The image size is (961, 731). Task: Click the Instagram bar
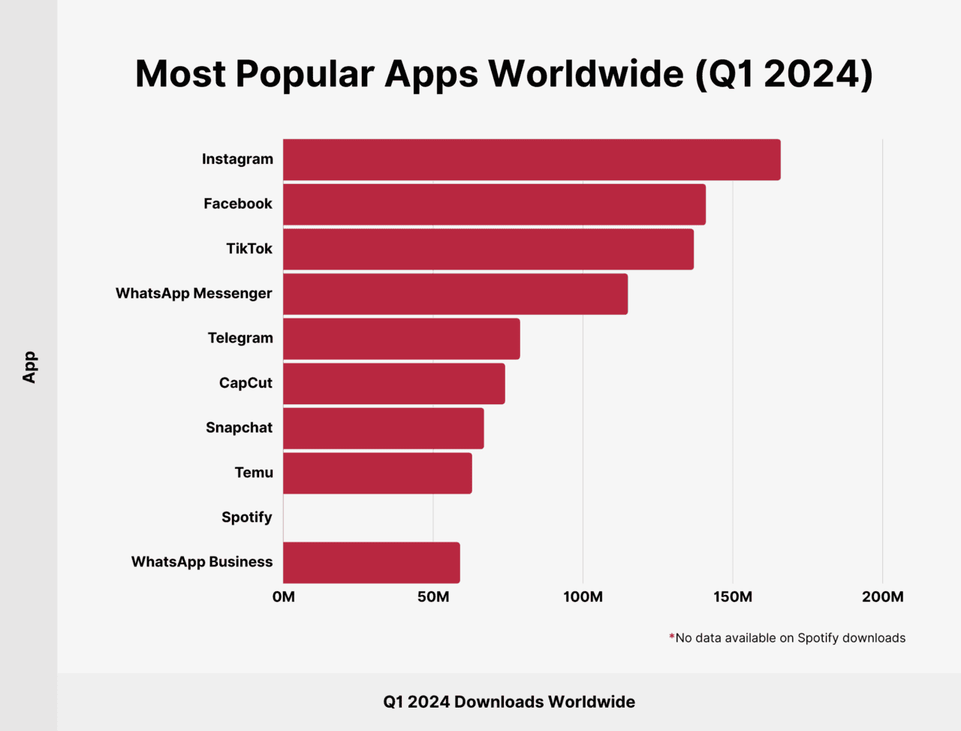point(532,159)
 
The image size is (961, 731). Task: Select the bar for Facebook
point(494,204)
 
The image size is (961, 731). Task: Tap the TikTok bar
point(488,249)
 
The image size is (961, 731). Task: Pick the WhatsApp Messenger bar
point(455,294)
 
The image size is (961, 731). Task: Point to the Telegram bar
point(401,339)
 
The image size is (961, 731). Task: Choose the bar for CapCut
point(393,383)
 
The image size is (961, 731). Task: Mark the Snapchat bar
point(383,428)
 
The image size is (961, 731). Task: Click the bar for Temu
point(377,473)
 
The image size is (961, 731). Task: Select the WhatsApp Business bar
point(371,563)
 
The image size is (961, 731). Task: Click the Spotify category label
point(246,518)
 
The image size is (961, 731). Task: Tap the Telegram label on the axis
point(240,338)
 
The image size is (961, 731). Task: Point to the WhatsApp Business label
point(201,562)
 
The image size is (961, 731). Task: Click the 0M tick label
point(284,597)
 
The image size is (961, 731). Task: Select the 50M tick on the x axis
point(433,597)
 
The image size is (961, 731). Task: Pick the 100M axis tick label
point(583,597)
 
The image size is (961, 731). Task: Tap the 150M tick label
point(733,597)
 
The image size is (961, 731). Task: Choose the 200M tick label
point(882,597)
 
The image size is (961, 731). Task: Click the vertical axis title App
point(29,367)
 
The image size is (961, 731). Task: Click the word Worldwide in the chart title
point(586,74)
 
